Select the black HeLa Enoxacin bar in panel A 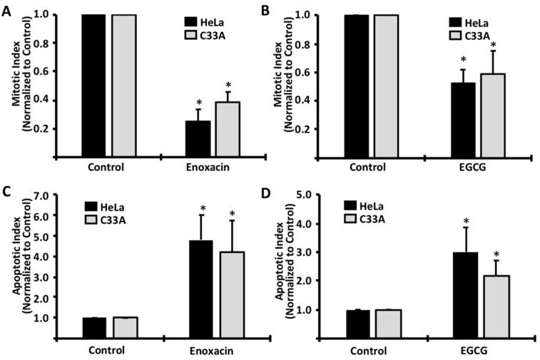click(198, 139)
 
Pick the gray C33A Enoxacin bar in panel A click(228, 129)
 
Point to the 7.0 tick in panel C click(44, 195)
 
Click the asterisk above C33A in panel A click(228, 85)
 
